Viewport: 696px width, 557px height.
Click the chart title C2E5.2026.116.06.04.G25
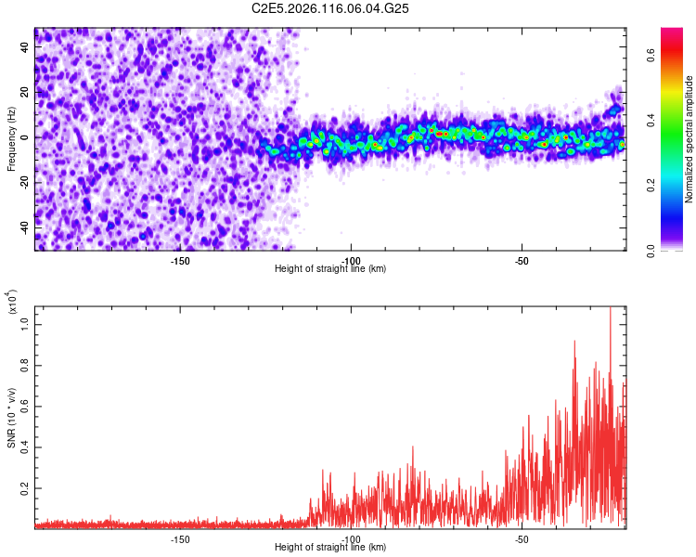coord(331,8)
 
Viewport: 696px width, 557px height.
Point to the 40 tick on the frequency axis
coord(26,48)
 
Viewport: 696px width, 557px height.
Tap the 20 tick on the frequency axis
coord(26,93)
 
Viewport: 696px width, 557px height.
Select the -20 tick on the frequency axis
coord(26,182)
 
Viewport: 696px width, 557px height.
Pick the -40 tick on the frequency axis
coord(26,227)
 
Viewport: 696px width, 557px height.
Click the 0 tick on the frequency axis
coord(26,137)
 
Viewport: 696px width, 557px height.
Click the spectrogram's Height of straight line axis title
coord(331,268)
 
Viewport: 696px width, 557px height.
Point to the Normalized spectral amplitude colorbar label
coord(690,139)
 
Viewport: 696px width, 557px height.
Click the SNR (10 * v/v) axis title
coord(11,417)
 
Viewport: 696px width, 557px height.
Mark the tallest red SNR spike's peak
coord(610,308)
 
